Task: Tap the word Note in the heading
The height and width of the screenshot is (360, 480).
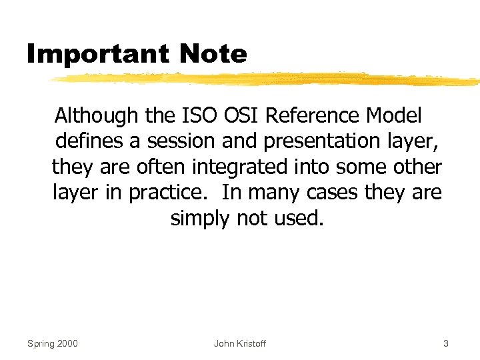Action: (x=214, y=54)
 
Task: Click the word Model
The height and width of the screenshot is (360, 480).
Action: (x=395, y=116)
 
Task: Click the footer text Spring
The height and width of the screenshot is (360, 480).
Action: (x=41, y=344)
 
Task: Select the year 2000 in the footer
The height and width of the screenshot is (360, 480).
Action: (x=67, y=343)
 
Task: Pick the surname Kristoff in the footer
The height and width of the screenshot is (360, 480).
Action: (x=250, y=343)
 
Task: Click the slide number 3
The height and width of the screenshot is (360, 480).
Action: (x=446, y=343)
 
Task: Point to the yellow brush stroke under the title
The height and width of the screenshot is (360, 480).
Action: (x=267, y=79)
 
